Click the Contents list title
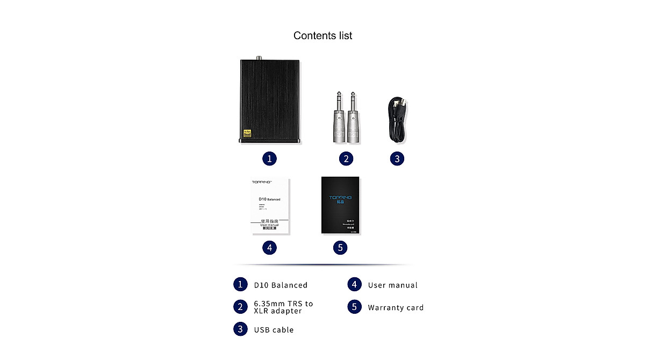pyautogui.click(x=322, y=35)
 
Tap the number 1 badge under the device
pyautogui.click(x=269, y=159)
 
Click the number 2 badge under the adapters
pyautogui.click(x=346, y=159)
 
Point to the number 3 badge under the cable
pyautogui.click(x=397, y=159)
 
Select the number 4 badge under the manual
pyautogui.click(x=269, y=248)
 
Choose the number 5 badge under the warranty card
pyautogui.click(x=340, y=248)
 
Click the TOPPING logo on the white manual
pyautogui.click(x=263, y=182)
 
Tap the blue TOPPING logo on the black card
pyautogui.click(x=340, y=198)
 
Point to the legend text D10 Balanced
pyautogui.click(x=281, y=285)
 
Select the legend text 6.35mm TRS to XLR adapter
pyautogui.click(x=283, y=307)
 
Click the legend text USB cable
pyautogui.click(x=274, y=330)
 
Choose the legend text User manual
pyautogui.click(x=392, y=285)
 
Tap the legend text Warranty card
pyautogui.click(x=396, y=308)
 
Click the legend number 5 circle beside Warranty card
pyautogui.click(x=354, y=307)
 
